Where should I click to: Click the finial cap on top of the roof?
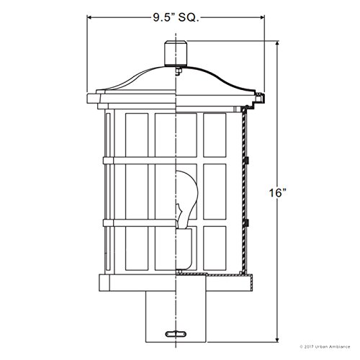(175, 53)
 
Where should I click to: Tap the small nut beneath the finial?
(176, 70)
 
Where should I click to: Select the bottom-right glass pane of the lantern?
(215, 248)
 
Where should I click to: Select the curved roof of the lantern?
(175, 85)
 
